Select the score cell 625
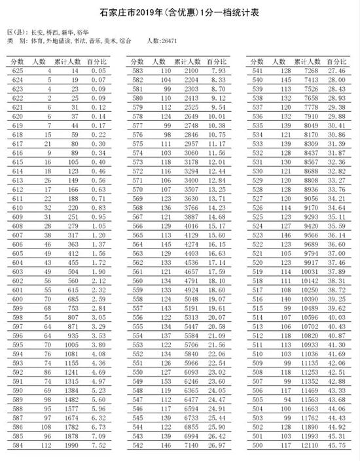18,70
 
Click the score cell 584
18,445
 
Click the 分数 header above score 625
18,60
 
